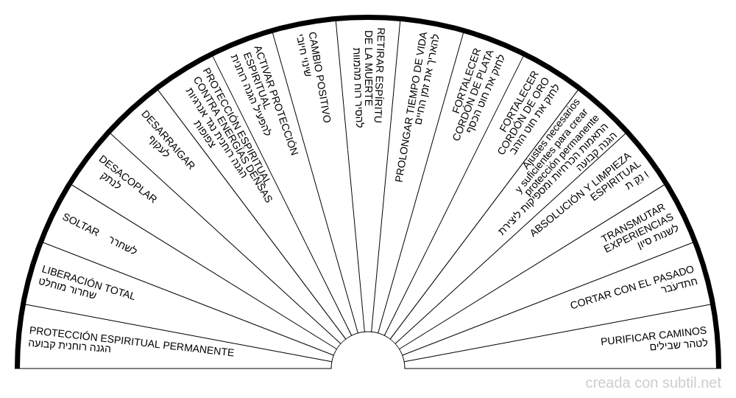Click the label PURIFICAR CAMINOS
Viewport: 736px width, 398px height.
pos(654,335)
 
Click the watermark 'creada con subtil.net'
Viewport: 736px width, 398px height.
pos(654,383)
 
